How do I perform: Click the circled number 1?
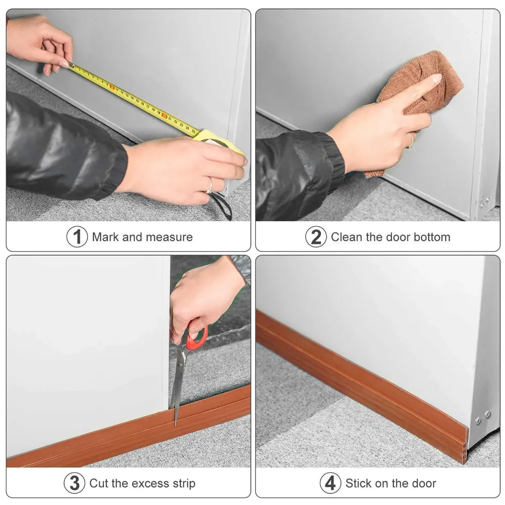click(77, 237)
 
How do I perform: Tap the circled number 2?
click(316, 237)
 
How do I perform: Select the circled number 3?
click(74, 483)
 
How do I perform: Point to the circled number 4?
click(330, 483)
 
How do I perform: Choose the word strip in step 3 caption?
click(182, 483)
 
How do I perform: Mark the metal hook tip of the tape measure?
click(70, 64)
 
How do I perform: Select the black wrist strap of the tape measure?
click(222, 205)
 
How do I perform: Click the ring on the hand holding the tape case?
click(209, 185)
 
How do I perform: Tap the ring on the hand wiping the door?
click(411, 140)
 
